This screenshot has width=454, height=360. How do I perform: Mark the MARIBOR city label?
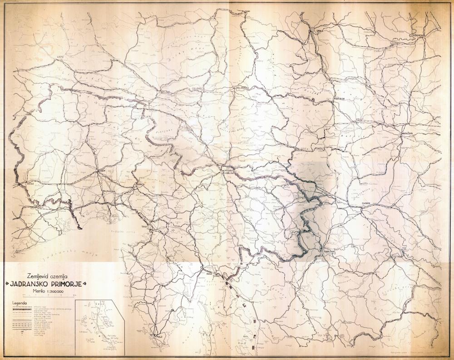click(340, 98)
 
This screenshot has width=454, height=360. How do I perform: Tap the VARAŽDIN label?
click(409, 132)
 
